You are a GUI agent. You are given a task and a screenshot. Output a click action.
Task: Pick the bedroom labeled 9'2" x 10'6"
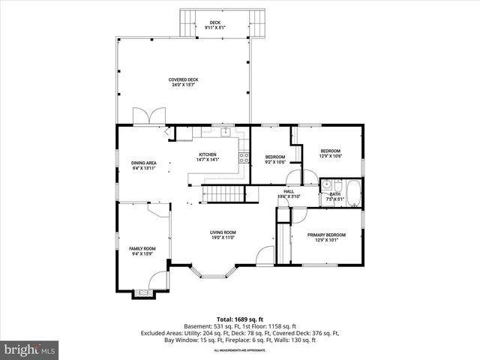pos(275,159)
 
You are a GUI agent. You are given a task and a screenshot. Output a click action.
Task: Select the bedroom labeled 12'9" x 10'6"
pos(331,153)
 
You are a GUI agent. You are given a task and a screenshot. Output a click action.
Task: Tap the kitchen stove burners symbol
pos(244,157)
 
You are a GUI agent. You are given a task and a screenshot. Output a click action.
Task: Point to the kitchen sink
pos(223,132)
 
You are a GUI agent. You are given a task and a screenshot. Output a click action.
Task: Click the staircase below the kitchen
pos(225,194)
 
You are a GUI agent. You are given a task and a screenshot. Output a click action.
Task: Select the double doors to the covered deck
pos(146,117)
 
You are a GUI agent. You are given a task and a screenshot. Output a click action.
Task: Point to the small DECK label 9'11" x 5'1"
pos(215,25)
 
